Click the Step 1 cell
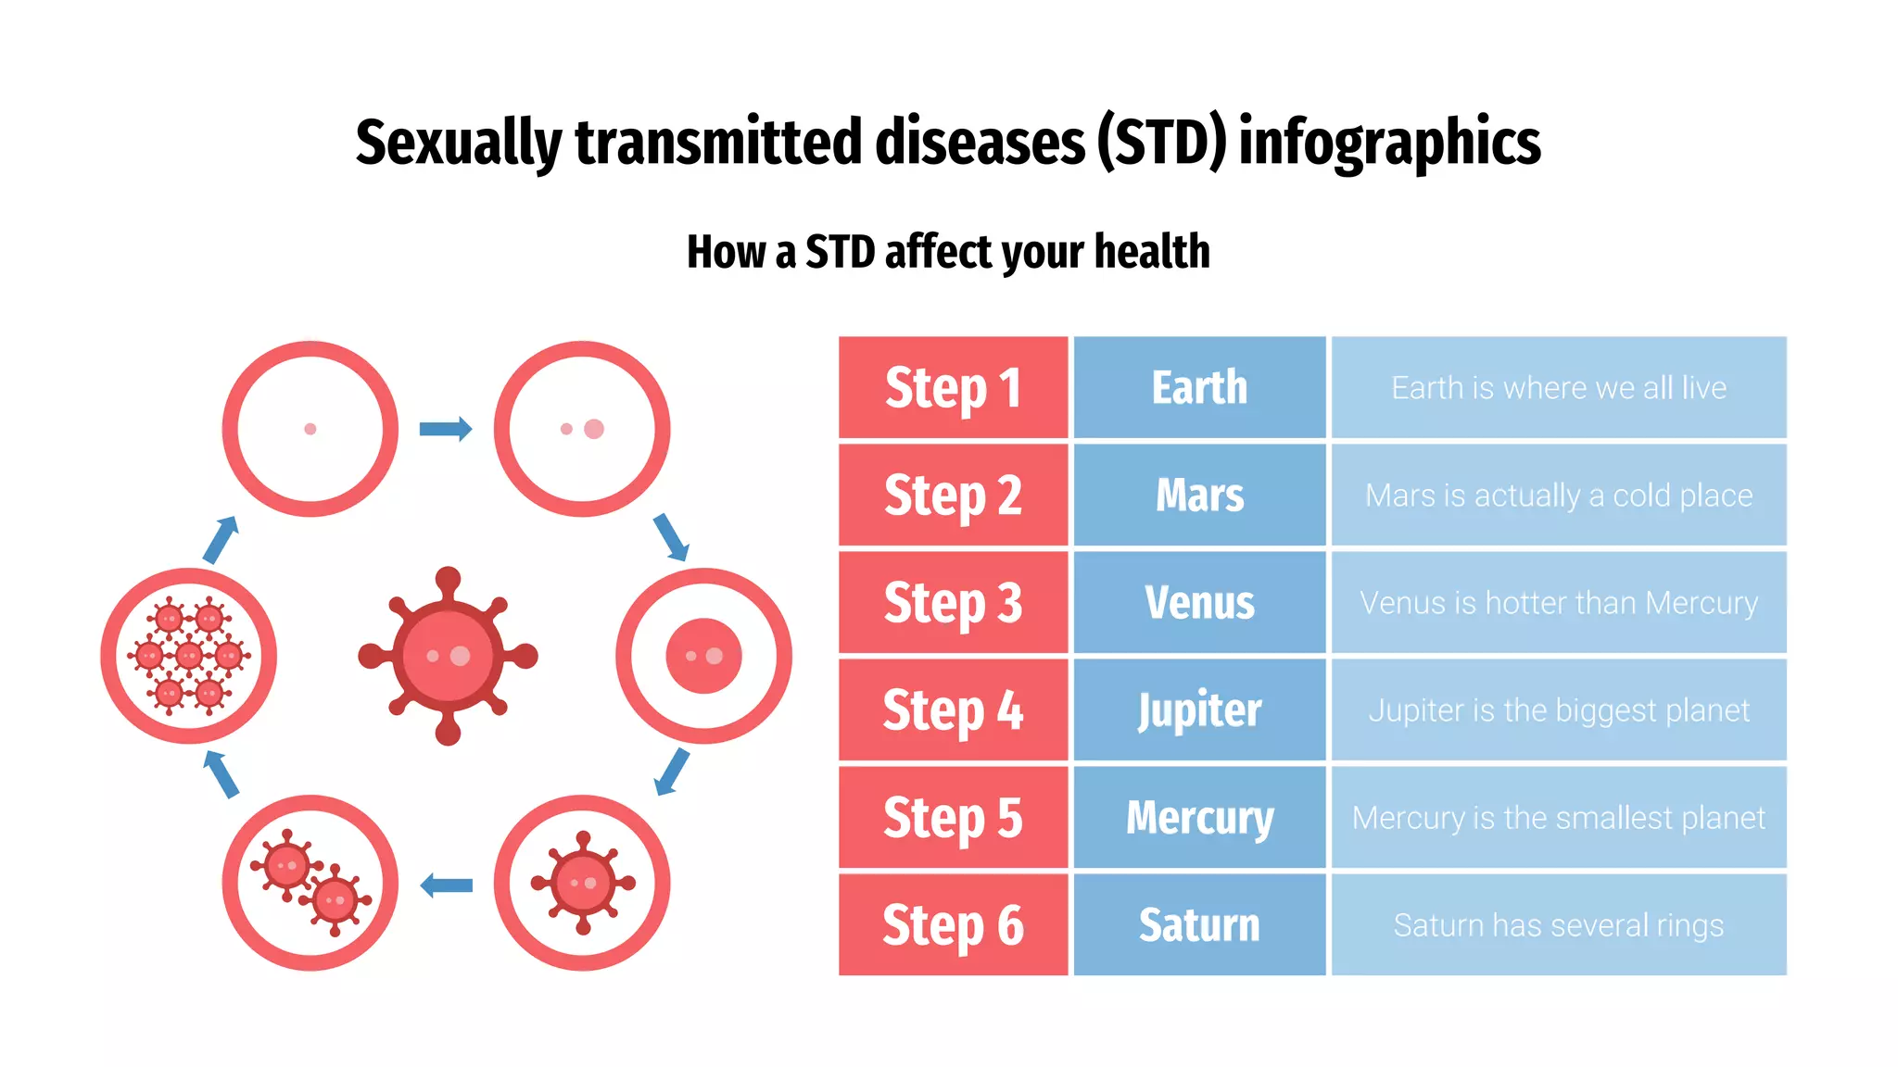[x=953, y=387]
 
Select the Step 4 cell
[x=953, y=709]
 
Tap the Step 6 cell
[x=953, y=924]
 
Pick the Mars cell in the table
[x=1199, y=495]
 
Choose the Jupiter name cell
[x=1199, y=709]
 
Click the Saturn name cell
[x=1199, y=924]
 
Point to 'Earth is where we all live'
[x=1559, y=387]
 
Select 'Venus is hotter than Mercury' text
[x=1559, y=603]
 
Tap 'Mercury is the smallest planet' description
[x=1559, y=818]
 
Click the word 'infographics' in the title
[x=1389, y=143]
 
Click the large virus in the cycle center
[x=449, y=656]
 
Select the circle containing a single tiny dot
[x=310, y=429]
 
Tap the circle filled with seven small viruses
[x=189, y=656]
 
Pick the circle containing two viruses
[x=310, y=883]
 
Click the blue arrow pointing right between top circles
[x=446, y=429]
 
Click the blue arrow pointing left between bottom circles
[x=446, y=885]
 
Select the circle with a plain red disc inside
[x=704, y=656]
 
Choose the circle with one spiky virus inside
[x=582, y=883]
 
